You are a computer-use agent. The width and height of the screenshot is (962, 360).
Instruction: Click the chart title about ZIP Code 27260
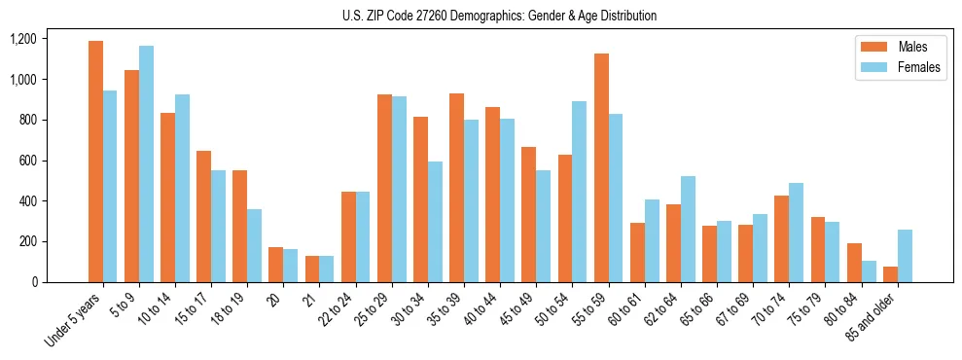click(499, 16)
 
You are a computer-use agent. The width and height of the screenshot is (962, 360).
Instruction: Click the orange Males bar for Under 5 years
click(95, 162)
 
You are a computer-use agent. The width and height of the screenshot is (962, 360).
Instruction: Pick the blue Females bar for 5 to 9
click(146, 163)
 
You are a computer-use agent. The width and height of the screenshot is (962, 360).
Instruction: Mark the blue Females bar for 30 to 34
click(435, 222)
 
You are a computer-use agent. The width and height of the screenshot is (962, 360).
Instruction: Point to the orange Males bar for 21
click(312, 269)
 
